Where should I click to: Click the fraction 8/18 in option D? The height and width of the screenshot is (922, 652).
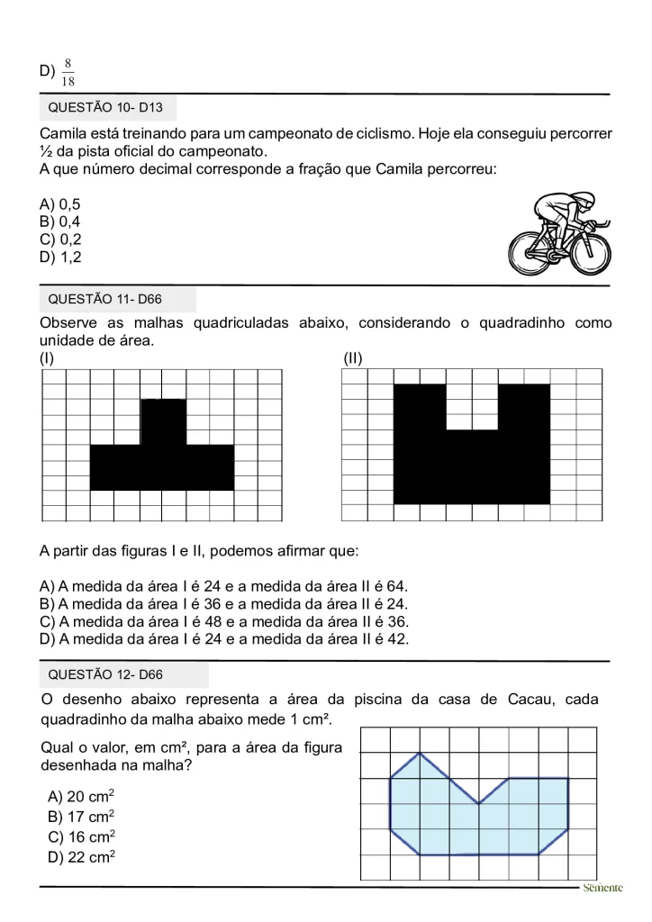[68, 73]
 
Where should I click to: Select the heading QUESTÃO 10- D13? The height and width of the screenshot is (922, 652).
[105, 108]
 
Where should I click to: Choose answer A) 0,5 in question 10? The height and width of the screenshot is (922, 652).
[60, 204]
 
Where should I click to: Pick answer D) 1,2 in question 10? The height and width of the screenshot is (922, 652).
[60, 257]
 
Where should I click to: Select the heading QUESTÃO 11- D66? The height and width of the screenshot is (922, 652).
[105, 299]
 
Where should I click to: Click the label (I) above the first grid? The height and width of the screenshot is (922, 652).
[48, 358]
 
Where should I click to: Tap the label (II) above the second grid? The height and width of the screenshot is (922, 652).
[353, 358]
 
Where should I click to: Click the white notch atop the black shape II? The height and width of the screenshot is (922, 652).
[472, 407]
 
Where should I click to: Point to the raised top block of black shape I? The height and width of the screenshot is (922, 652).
[163, 421]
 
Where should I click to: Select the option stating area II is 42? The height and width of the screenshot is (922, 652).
[224, 639]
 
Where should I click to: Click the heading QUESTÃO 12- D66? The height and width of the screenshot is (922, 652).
[105, 674]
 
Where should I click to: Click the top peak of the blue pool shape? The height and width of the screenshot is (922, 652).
[420, 754]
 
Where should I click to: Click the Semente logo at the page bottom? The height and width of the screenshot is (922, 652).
[602, 888]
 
